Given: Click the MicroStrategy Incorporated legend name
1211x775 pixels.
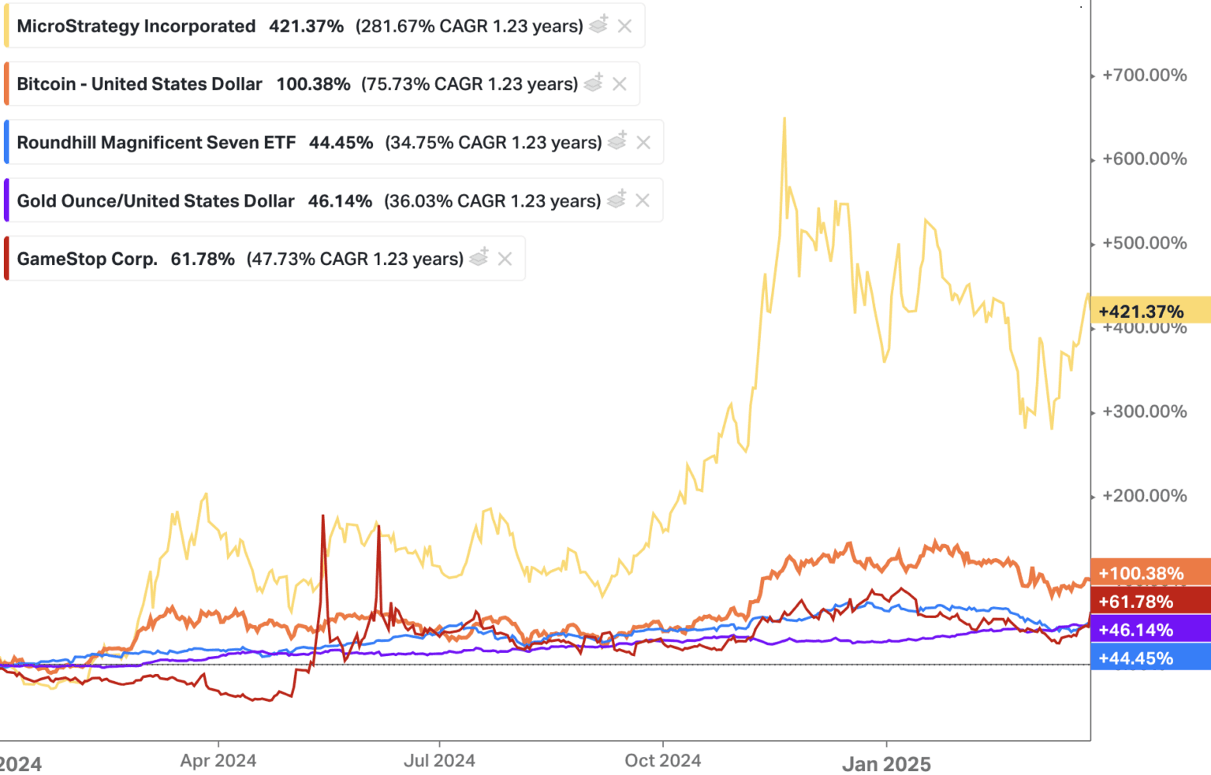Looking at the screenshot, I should click(x=136, y=26).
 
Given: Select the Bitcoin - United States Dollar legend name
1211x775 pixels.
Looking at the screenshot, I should click(x=140, y=84).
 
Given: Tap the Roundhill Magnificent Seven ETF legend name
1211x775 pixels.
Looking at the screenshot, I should click(x=156, y=143).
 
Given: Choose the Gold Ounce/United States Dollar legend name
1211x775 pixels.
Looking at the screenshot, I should click(x=155, y=201).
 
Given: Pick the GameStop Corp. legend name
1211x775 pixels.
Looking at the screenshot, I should click(x=87, y=259).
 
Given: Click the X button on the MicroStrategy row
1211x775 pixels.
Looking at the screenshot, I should click(x=624, y=26).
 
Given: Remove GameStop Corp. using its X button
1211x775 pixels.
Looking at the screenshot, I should click(x=505, y=259).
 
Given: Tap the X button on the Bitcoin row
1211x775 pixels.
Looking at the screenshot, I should click(x=620, y=84).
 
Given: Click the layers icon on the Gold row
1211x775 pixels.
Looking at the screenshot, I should click(x=617, y=199).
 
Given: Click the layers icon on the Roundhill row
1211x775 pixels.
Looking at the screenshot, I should click(x=617, y=141).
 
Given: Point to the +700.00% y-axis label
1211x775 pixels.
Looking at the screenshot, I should click(x=1144, y=76).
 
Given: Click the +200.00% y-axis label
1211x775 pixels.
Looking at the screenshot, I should click(x=1144, y=496).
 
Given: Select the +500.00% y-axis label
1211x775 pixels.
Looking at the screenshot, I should click(x=1144, y=243).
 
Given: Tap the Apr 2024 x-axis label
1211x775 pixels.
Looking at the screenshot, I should click(x=218, y=761).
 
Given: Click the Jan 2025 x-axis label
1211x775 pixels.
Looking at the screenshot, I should click(x=886, y=764).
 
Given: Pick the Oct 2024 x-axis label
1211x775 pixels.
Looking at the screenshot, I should click(x=662, y=761).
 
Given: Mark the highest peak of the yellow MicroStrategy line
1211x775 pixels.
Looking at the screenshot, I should click(x=784, y=119).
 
